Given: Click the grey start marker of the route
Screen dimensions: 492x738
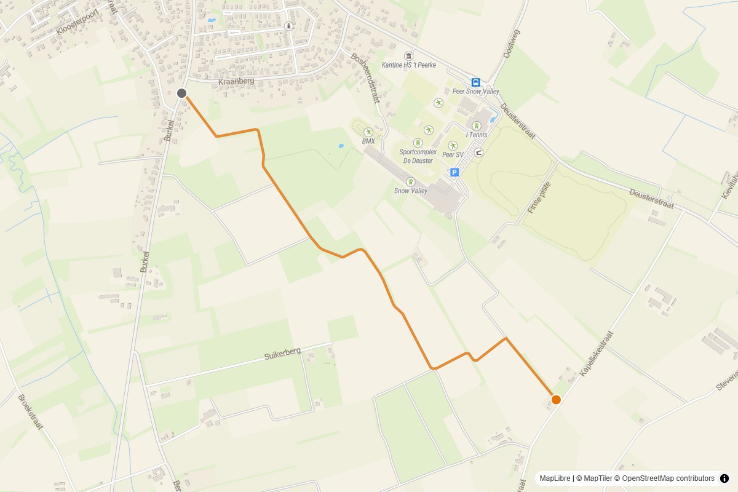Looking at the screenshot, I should click(x=181, y=93).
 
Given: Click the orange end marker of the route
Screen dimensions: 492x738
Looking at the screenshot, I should click(x=556, y=399).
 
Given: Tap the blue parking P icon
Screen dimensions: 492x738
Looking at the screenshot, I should click(x=454, y=173).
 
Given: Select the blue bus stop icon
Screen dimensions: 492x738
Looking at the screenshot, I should click(x=475, y=82).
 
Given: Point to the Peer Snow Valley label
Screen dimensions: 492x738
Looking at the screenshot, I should click(x=475, y=92).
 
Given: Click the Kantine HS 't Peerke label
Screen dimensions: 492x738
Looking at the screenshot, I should click(x=408, y=65).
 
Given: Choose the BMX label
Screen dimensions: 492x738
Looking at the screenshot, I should click(x=368, y=141).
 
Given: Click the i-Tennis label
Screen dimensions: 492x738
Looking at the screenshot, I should click(x=477, y=135).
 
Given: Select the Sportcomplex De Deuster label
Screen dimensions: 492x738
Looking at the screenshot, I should click(x=418, y=156).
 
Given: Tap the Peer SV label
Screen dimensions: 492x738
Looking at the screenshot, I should click(x=453, y=155).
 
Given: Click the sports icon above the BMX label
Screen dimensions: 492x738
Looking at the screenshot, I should click(x=368, y=132).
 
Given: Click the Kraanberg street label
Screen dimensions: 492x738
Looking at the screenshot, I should click(x=236, y=81).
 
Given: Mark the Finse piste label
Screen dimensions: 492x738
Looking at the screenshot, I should click(x=539, y=197).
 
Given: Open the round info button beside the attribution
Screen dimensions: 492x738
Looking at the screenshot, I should click(x=724, y=478).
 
